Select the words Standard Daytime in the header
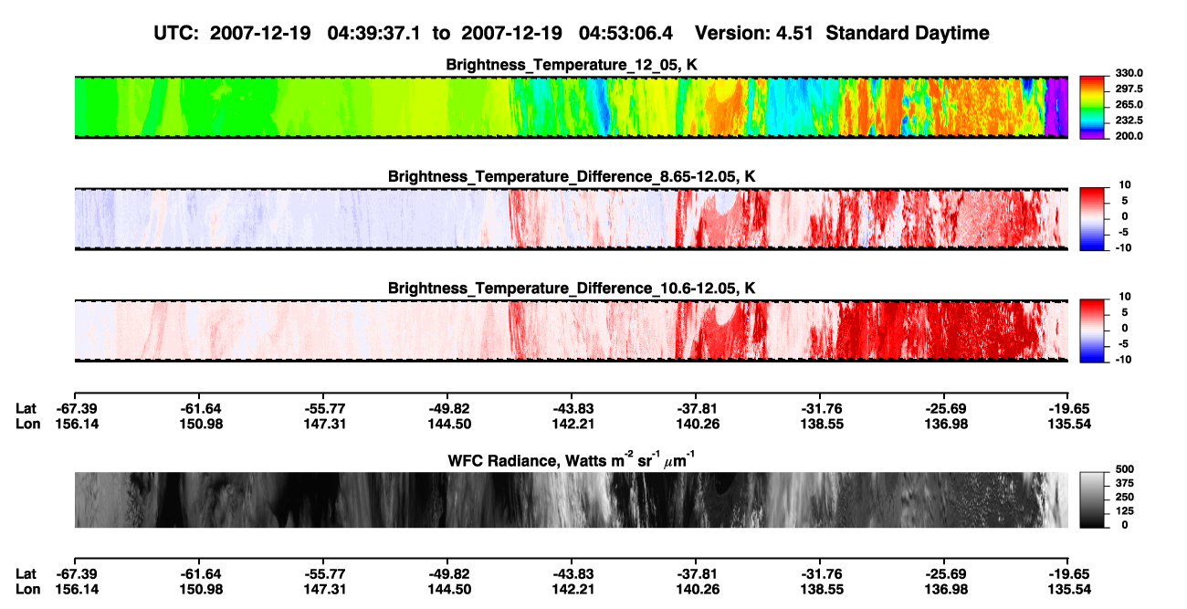tap(908, 33)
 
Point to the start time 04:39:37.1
tap(373, 33)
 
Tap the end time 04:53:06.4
tap(625, 33)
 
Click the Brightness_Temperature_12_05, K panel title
tap(572, 65)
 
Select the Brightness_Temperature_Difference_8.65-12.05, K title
tap(572, 176)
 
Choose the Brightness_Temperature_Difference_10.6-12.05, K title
tap(572, 289)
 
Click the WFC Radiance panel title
tap(572, 460)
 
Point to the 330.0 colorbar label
tap(1129, 73)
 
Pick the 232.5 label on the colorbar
tap(1129, 121)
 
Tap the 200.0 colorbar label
tap(1129, 136)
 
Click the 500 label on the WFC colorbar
tap(1125, 469)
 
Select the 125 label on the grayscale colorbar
tap(1125, 511)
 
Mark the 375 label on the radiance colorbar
tap(1125, 483)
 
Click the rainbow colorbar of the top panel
tap(1092, 108)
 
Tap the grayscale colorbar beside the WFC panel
tap(1092, 499)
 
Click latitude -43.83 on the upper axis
tap(572, 409)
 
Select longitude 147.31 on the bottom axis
tap(324, 590)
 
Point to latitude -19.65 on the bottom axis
tap(1068, 574)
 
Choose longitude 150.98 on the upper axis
tap(200, 424)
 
